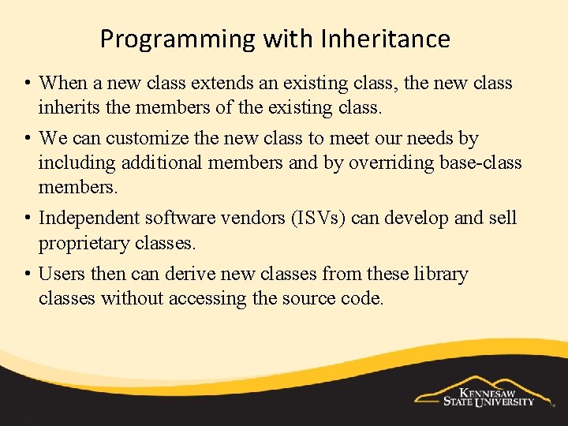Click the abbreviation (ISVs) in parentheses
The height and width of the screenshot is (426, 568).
coord(315,218)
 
